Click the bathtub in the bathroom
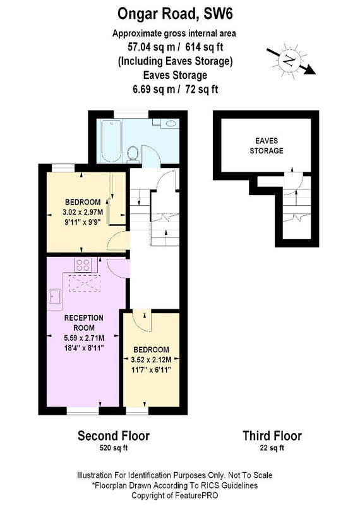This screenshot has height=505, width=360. pyautogui.click(x=111, y=141)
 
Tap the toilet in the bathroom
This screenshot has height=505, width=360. pyautogui.click(x=133, y=153)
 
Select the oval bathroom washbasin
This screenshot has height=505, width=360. pyautogui.click(x=170, y=123)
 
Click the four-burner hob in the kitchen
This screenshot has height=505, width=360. pyautogui.click(x=83, y=265)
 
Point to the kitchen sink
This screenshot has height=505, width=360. pyautogui.click(x=56, y=296)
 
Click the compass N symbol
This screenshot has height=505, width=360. pyautogui.click(x=288, y=60)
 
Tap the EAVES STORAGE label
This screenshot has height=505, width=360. pyautogui.click(x=267, y=146)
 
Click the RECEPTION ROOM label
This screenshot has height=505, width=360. pyautogui.click(x=84, y=323)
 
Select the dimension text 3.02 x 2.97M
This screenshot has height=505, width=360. pyautogui.click(x=83, y=212)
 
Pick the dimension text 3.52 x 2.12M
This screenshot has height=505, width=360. pyautogui.click(x=151, y=360)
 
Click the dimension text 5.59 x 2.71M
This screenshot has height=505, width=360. pyautogui.click(x=84, y=338)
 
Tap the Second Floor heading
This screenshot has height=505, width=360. pyautogui.click(x=114, y=436)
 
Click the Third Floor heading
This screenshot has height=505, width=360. pyautogui.click(x=272, y=436)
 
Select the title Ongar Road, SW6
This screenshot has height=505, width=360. pyautogui.click(x=175, y=14)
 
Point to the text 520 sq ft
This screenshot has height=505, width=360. pyautogui.click(x=114, y=448)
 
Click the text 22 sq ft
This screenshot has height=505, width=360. pyautogui.click(x=272, y=448)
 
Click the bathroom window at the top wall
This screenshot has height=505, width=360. pyautogui.click(x=131, y=114)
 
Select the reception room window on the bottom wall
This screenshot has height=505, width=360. pyautogui.click(x=83, y=411)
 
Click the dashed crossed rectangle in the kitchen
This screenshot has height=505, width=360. pyautogui.click(x=85, y=283)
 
